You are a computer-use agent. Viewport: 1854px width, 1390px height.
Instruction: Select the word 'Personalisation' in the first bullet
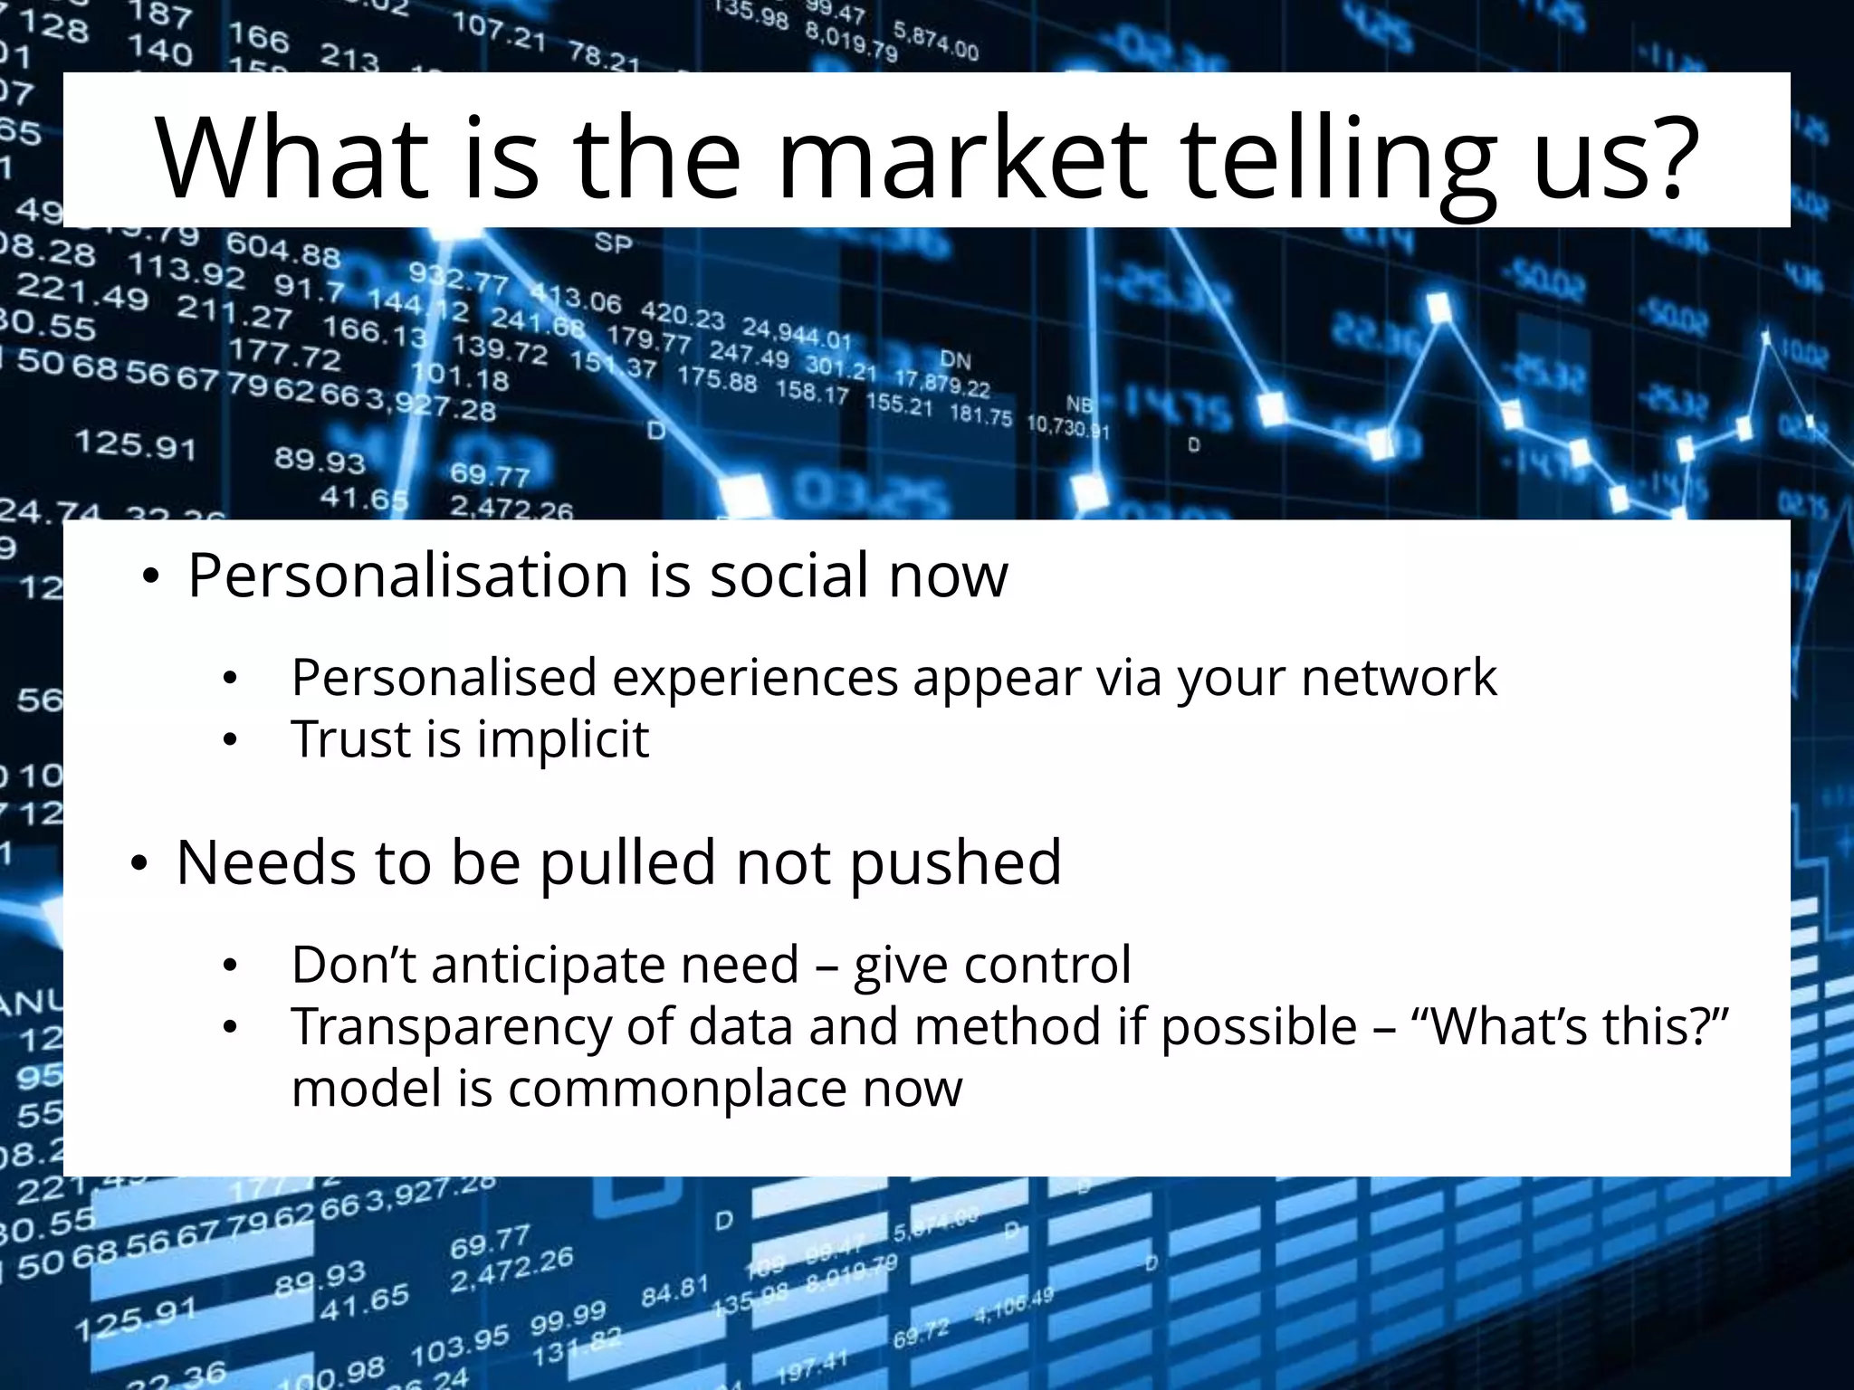[407, 576]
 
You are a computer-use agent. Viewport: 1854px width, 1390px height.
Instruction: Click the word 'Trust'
[350, 738]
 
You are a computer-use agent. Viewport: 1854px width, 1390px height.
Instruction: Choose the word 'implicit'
[563, 740]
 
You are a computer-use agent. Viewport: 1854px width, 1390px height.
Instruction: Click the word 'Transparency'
[452, 1028]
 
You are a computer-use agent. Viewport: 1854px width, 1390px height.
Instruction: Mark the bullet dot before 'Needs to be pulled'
[139, 865]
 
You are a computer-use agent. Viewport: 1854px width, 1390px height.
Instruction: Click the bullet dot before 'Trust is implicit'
[230, 740]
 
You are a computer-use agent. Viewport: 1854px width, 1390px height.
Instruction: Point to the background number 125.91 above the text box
[135, 444]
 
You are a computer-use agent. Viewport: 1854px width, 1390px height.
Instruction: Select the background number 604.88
[283, 249]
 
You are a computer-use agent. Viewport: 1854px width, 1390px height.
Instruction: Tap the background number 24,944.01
[797, 333]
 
